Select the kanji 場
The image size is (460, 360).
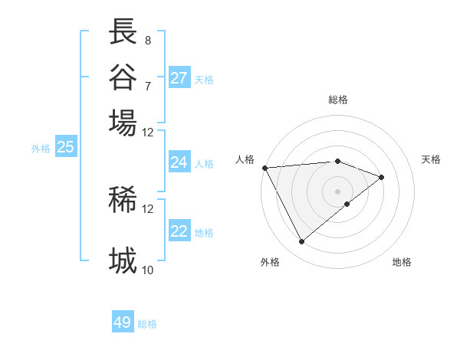pos(123,123)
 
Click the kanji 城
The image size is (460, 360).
pos(123,261)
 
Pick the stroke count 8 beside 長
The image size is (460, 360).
pos(147,40)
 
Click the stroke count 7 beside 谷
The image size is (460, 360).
pos(147,85)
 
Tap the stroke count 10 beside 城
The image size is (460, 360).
pos(147,270)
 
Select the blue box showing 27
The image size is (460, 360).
pos(179,78)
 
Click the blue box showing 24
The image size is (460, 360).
pos(179,162)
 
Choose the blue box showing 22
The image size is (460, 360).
pos(179,231)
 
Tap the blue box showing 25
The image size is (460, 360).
pos(65,147)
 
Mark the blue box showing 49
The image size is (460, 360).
pos(123,322)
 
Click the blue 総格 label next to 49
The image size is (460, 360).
pos(147,324)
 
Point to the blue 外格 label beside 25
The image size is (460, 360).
pos(41,149)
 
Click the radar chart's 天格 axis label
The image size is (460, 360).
pos(431,159)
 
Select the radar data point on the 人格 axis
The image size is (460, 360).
pos(264,168)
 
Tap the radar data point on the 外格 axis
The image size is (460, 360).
pos(301,242)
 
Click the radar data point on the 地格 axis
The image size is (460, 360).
pos(347,204)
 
